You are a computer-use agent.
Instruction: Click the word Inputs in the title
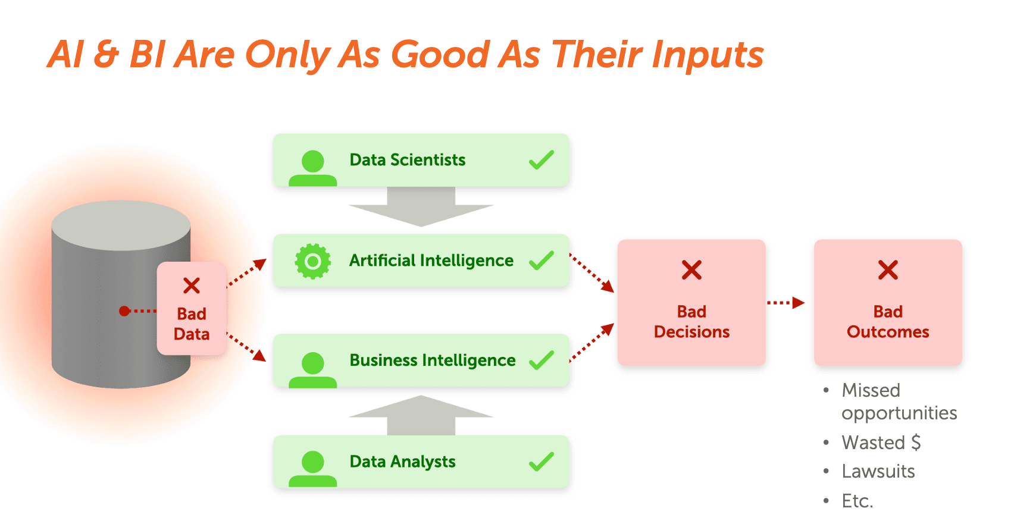point(708,55)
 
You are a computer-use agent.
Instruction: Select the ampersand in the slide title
point(107,55)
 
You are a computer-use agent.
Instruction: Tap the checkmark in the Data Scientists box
point(542,159)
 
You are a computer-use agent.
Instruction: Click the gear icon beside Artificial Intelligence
point(313,261)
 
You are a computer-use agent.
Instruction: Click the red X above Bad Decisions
point(691,270)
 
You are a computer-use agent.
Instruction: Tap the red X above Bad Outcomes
point(888,270)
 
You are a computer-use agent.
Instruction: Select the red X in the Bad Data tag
point(192,286)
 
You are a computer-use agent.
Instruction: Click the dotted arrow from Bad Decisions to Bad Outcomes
point(785,303)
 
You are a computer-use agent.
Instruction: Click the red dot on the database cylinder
point(124,311)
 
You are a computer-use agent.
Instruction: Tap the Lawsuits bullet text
point(878,472)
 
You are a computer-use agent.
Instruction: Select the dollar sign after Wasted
point(916,443)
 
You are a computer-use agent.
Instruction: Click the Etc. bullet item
point(857,501)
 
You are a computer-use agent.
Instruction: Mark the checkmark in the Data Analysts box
point(542,462)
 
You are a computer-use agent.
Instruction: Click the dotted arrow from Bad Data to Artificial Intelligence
point(247,272)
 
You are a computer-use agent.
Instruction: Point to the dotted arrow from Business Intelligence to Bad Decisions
point(591,343)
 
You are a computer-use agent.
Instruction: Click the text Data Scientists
point(407,160)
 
